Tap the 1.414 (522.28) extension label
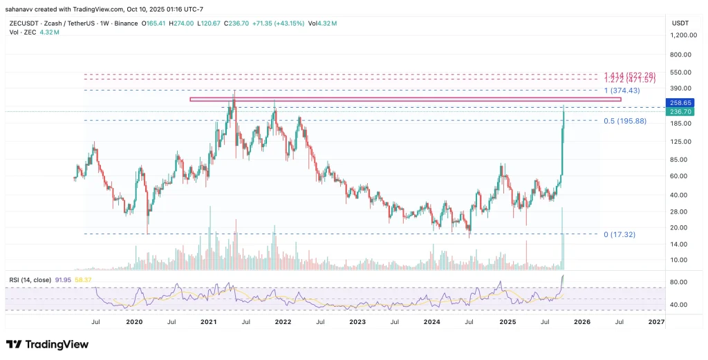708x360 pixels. tap(629, 75)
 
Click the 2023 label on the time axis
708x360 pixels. tap(357, 321)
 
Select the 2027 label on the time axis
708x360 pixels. tap(656, 321)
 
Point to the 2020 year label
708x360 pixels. tap(134, 321)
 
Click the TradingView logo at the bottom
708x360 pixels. tap(47, 344)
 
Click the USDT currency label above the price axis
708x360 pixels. tap(680, 23)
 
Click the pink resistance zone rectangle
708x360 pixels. tap(405, 100)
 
